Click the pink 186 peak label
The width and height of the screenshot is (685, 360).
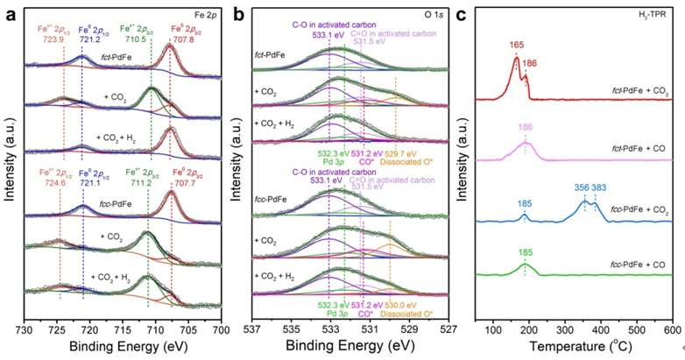pos(526,127)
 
